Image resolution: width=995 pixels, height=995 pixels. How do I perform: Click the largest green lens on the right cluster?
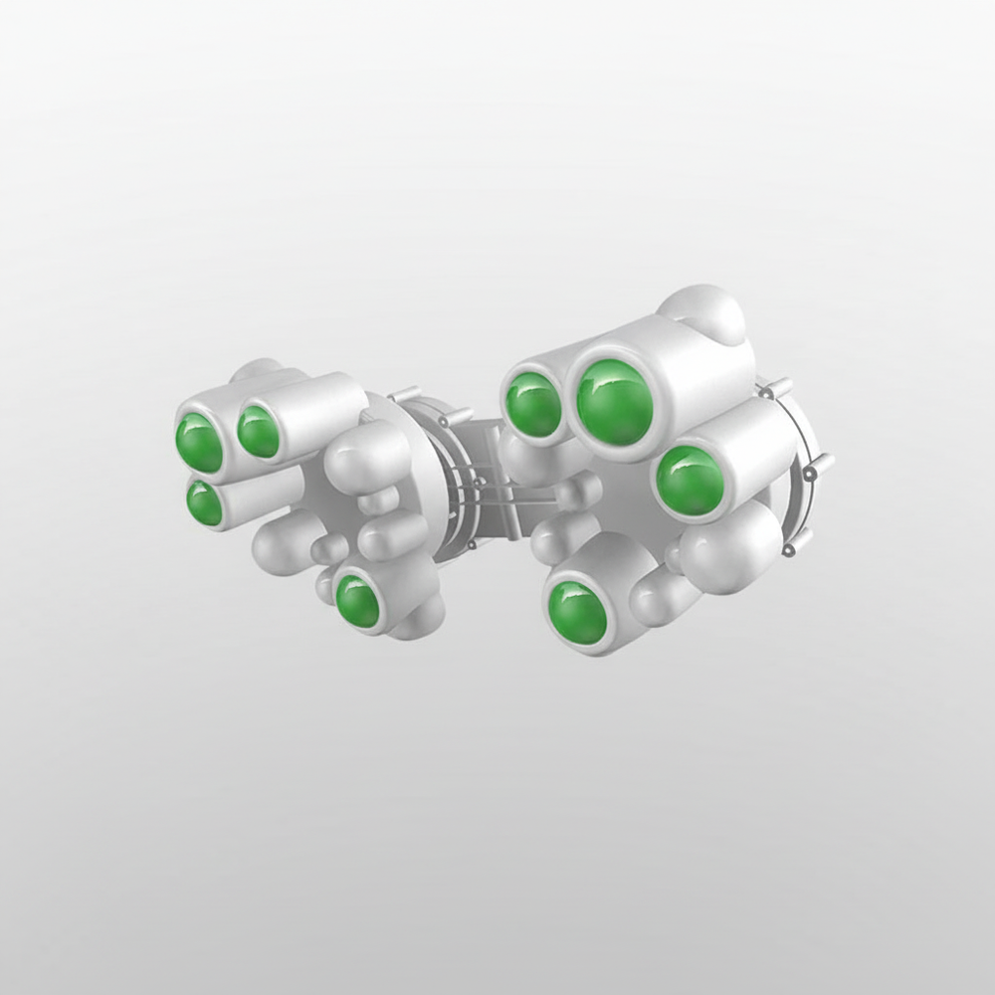click(x=615, y=403)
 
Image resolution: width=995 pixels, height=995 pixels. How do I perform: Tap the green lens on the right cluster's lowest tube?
click(x=577, y=613)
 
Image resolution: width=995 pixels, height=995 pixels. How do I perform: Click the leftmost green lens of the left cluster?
click(x=199, y=443)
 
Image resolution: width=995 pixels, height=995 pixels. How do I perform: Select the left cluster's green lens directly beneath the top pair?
click(x=204, y=503)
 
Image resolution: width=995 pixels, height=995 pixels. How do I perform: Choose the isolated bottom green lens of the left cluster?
click(x=356, y=601)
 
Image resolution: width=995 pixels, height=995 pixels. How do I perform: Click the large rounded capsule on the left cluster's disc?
click(x=368, y=459)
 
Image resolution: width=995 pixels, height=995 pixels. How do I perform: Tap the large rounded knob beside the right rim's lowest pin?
click(x=731, y=548)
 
